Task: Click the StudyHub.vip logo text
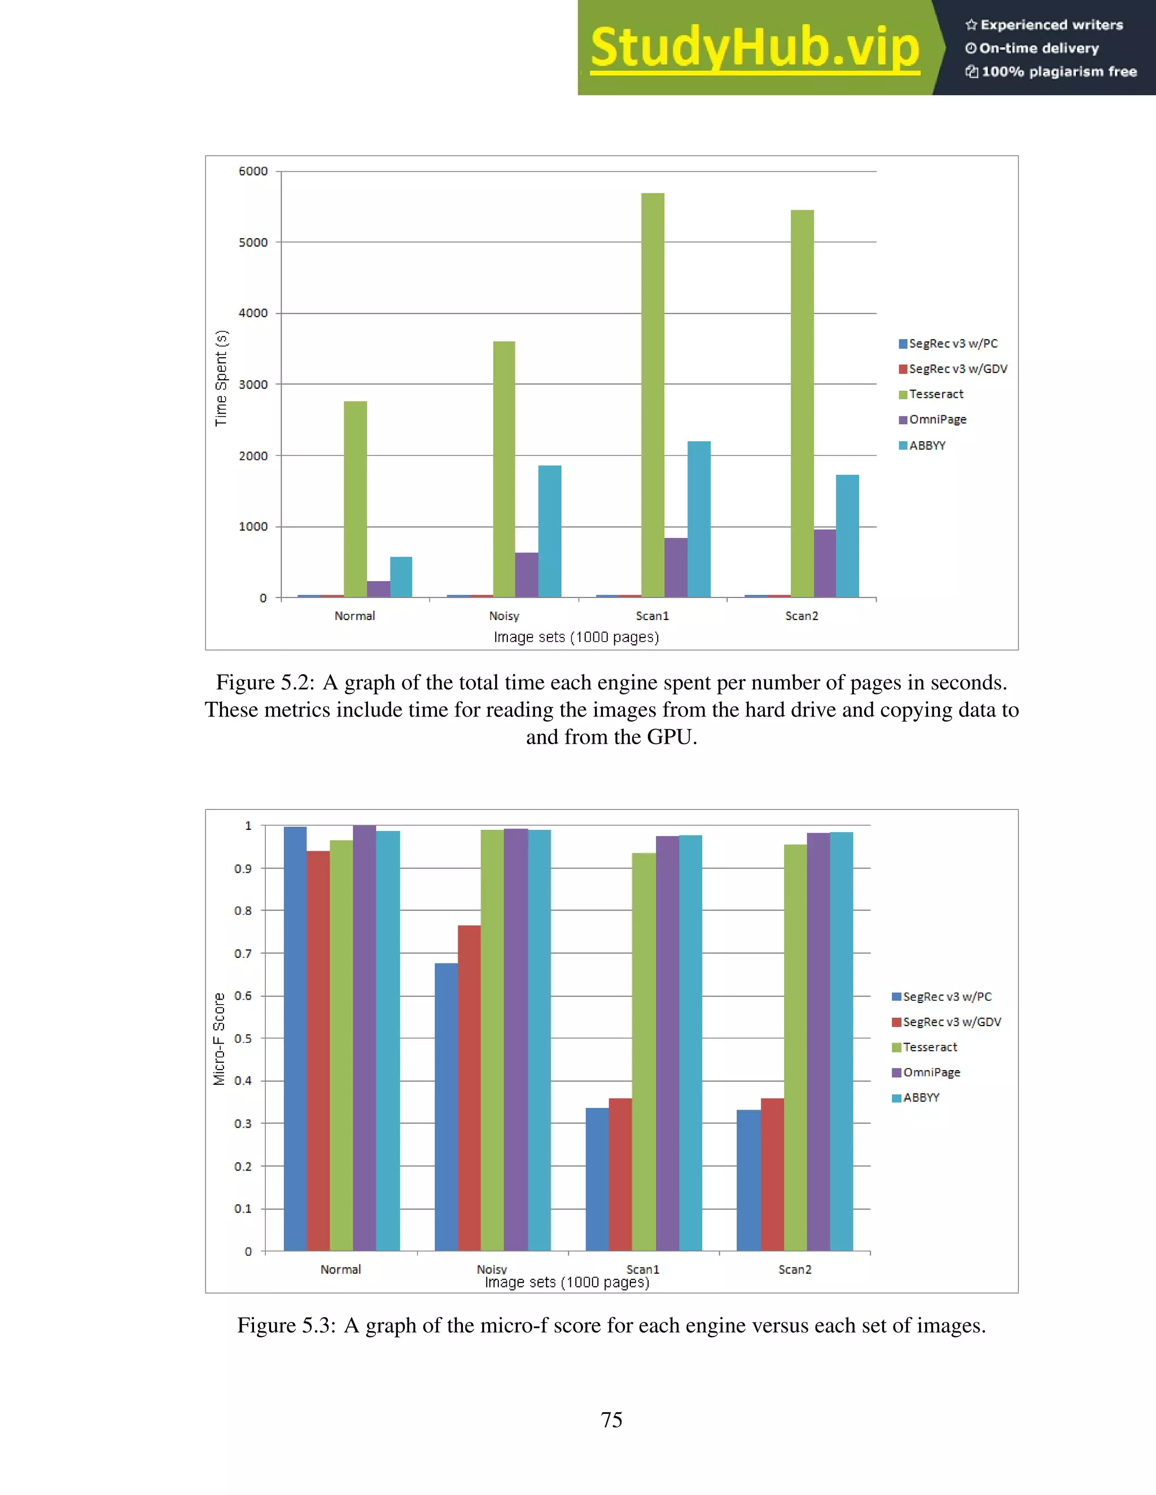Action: coord(754,48)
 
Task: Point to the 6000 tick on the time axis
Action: coord(253,171)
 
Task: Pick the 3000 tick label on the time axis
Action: coord(253,385)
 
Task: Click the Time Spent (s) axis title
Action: coord(221,379)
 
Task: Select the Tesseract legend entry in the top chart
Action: coord(935,394)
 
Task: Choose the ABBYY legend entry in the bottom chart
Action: coord(921,1097)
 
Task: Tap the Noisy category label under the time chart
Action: coord(504,616)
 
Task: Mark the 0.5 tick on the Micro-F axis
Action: coord(243,1039)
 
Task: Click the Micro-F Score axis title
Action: coord(219,1039)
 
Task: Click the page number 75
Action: coord(611,1420)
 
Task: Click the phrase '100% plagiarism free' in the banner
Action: coord(1059,72)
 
